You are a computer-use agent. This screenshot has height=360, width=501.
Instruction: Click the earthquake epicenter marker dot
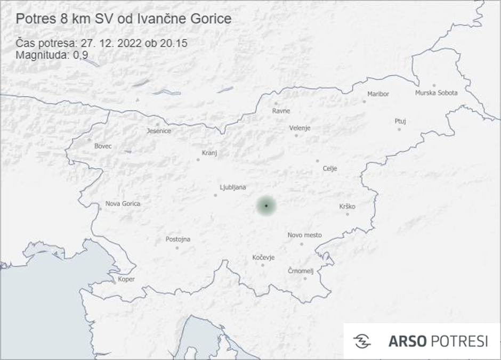266,206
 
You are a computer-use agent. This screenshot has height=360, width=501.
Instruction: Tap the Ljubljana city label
233,187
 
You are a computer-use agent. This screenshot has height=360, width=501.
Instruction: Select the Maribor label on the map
378,94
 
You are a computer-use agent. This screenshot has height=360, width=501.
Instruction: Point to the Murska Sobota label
436,93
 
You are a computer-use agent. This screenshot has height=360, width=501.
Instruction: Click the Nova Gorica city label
123,203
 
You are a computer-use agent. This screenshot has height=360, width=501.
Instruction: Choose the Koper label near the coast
126,279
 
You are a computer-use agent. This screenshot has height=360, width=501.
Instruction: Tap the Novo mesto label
304,235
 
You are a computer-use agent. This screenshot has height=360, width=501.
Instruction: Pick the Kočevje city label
263,258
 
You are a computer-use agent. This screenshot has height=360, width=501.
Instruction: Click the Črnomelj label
301,271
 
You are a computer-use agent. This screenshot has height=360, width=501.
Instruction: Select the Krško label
347,207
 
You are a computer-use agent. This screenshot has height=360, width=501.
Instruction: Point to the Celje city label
330,169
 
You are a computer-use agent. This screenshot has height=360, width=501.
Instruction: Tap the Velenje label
300,128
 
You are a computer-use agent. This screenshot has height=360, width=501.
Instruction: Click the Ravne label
281,111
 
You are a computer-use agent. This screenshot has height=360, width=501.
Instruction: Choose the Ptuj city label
400,121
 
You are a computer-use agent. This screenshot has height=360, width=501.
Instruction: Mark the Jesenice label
159,131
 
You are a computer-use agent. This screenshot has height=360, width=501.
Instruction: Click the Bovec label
103,146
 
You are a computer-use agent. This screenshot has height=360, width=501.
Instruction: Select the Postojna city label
177,239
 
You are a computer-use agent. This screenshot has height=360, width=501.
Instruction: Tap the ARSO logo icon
362,341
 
